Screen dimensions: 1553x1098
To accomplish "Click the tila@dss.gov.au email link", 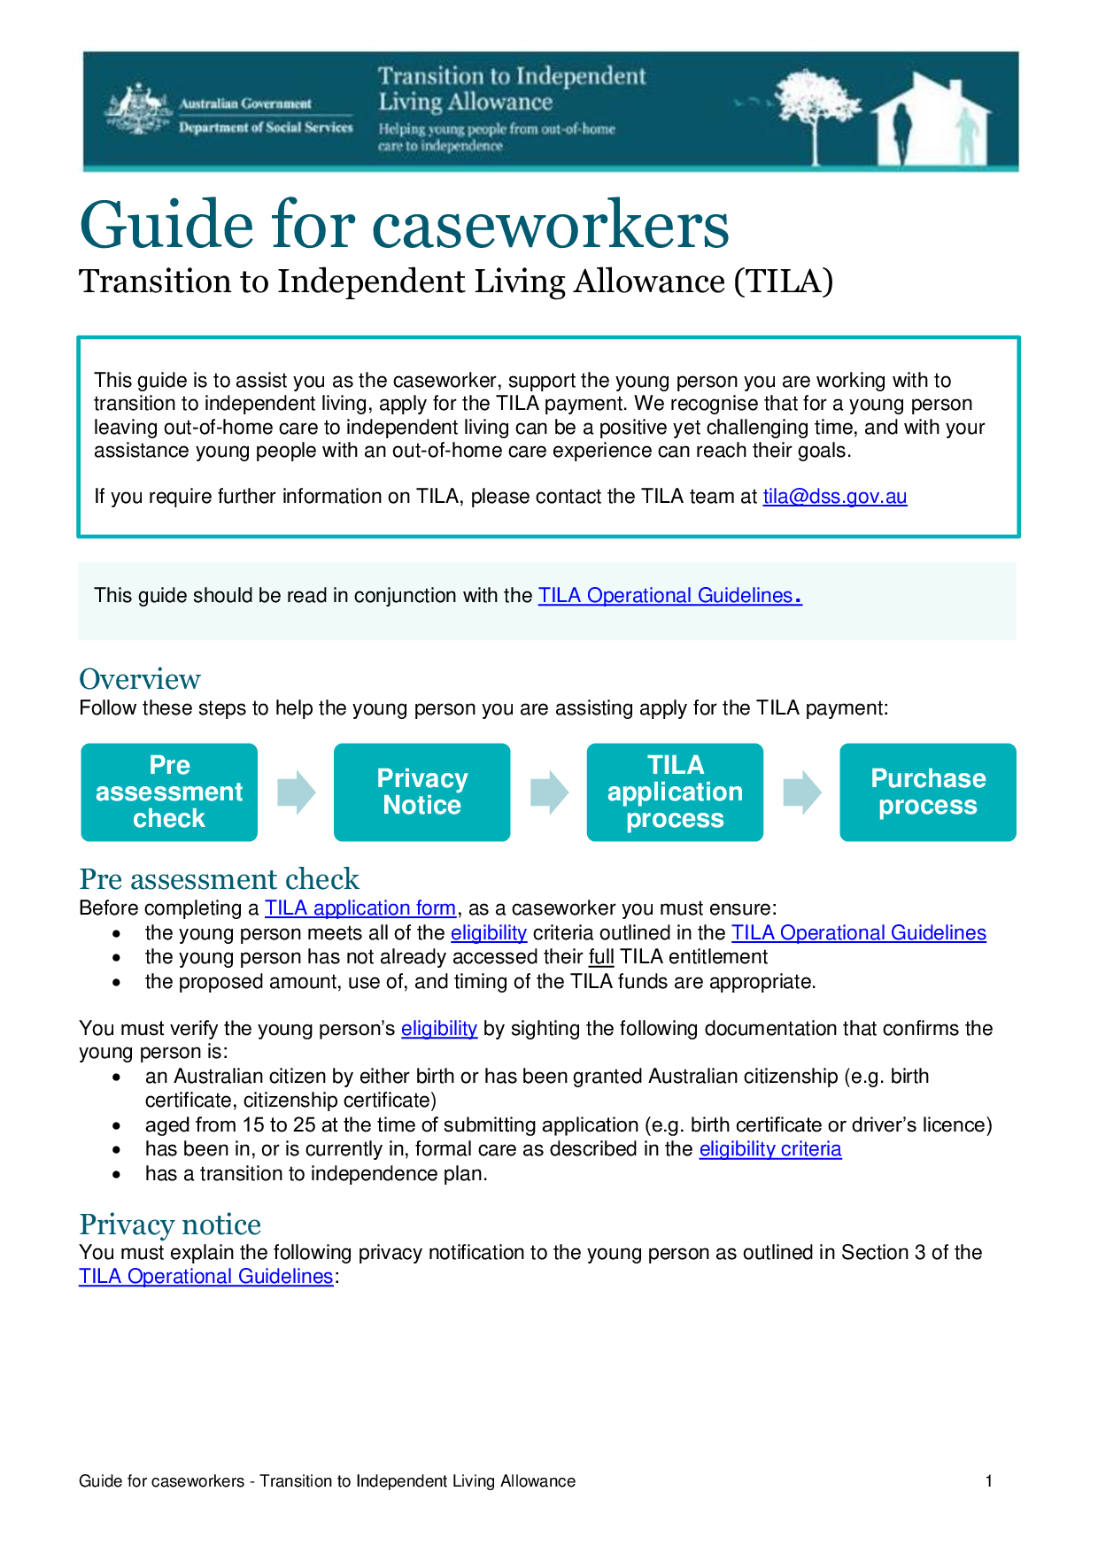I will pos(834,497).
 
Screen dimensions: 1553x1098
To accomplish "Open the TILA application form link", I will pos(360,908).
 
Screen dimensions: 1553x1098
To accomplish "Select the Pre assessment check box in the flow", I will pos(169,792).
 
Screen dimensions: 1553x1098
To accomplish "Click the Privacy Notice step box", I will pos(421,792).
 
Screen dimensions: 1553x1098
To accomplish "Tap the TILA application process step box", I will pos(675,792).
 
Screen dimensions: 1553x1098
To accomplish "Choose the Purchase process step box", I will pos(927,792).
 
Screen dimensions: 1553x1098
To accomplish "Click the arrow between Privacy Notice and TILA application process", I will pos(549,792).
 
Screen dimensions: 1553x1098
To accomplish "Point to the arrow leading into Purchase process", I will pos(802,792).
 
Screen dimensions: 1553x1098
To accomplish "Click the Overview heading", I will pos(140,679).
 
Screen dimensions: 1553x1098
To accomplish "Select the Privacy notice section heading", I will pos(170,1225).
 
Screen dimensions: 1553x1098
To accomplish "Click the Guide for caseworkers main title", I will pos(404,225).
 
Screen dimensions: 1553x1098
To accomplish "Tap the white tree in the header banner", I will pos(815,111).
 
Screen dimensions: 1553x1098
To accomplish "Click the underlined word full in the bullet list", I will pos(601,957).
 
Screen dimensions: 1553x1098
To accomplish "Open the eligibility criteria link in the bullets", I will pos(769,1149).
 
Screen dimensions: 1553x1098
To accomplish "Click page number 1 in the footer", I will pos(988,1481).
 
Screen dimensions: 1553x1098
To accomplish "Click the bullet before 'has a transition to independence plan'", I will pos(117,1174).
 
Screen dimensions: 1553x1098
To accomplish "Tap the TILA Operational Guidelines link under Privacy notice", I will pos(205,1277).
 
